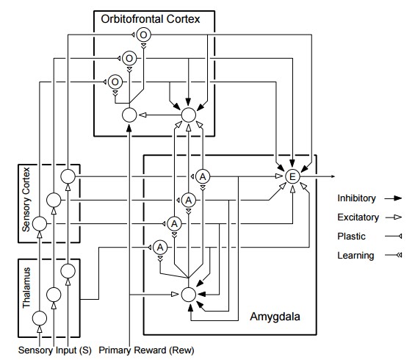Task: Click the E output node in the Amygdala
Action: (292, 176)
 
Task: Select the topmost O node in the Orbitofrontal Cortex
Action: (143, 35)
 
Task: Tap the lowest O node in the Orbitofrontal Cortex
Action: (115, 82)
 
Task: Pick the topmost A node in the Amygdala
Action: (203, 176)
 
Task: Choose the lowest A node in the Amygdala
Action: (160, 248)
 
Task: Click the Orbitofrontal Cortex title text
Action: (151, 19)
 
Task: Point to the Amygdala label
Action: (275, 317)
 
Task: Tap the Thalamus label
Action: (26, 288)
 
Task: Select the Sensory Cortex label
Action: (26, 199)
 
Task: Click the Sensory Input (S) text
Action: (55, 350)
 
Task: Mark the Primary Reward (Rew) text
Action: (146, 350)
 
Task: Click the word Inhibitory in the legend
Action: (356, 198)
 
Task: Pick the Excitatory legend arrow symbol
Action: (394, 217)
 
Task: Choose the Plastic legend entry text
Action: (351, 236)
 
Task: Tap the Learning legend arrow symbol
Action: (394, 255)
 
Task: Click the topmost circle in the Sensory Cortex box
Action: (68, 176)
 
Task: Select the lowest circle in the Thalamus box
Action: (40, 318)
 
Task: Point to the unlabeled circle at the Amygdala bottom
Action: (189, 295)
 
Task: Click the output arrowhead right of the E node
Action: (333, 176)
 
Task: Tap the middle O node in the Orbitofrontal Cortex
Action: (129, 58)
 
